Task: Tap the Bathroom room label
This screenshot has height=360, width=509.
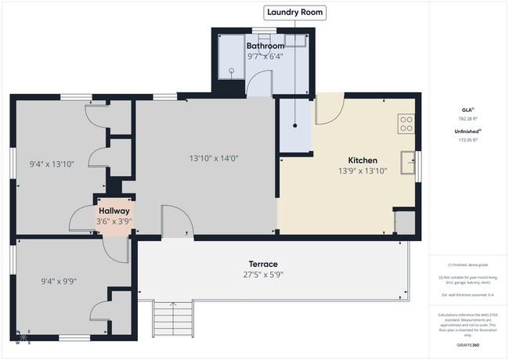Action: pyautogui.click(x=265, y=46)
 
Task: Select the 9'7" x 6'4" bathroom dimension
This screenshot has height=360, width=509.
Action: pyautogui.click(x=265, y=56)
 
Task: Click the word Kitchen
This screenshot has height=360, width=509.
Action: pyautogui.click(x=363, y=160)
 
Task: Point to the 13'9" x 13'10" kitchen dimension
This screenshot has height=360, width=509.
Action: pyautogui.click(x=363, y=171)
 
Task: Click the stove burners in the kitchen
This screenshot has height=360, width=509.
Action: pyautogui.click(x=406, y=124)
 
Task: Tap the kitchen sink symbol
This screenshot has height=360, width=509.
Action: pyautogui.click(x=408, y=162)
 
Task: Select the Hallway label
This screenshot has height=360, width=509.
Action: pyautogui.click(x=114, y=211)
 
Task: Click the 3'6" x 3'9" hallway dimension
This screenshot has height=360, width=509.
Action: pyautogui.click(x=114, y=221)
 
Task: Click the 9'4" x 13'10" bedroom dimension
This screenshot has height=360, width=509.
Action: pyautogui.click(x=52, y=164)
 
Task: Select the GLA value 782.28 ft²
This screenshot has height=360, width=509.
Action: pyautogui.click(x=467, y=119)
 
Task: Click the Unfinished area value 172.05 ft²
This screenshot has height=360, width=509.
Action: pyautogui.click(x=467, y=139)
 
